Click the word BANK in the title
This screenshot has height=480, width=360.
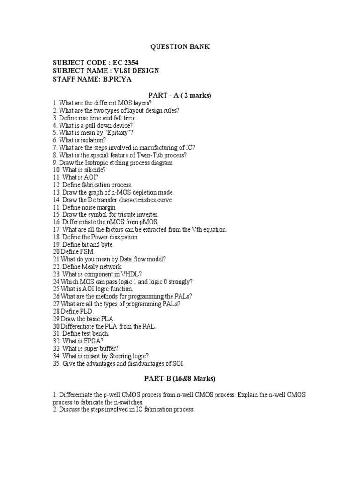pyautogui.click(x=199, y=47)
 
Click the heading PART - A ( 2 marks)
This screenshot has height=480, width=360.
pyautogui.click(x=180, y=95)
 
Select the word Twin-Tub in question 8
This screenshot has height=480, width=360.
pyautogui.click(x=140, y=155)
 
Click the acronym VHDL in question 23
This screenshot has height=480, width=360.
pyautogui.click(x=126, y=274)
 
